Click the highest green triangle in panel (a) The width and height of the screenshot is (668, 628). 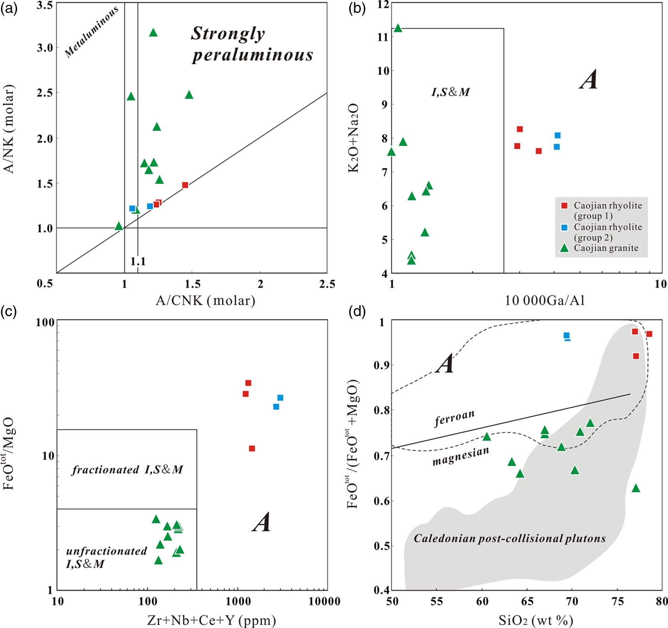pos(153,33)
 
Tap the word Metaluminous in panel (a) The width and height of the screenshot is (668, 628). pos(92,32)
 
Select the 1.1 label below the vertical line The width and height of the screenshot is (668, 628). pos(138,261)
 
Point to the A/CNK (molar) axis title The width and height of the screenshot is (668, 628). pos(205,301)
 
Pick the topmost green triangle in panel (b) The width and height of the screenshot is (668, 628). pos(398,28)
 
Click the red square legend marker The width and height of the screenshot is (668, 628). pos(564,206)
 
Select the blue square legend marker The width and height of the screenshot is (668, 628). pos(564,227)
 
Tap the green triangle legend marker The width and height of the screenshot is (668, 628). pos(564,248)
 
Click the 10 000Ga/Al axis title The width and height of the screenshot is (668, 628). pos(545,301)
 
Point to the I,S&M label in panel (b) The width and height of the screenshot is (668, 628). pos(450,92)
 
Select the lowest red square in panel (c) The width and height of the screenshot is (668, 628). pos(252,448)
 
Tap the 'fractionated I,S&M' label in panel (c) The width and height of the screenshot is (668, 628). pos(127,470)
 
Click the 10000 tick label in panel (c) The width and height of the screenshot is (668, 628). pos(324,602)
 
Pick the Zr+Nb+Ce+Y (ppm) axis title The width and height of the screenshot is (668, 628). pos(211,621)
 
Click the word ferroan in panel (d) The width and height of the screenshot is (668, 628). pos(455,418)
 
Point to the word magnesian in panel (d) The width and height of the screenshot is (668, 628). pos(461,456)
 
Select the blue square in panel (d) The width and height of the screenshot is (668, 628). pos(566,336)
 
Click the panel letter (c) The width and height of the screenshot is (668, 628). pos(8,311)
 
